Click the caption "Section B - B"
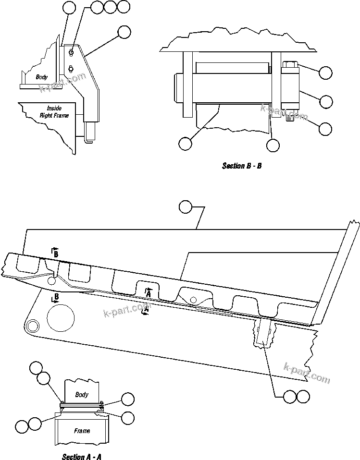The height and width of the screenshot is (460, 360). click(x=241, y=166)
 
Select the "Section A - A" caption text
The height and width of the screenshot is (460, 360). click(x=81, y=456)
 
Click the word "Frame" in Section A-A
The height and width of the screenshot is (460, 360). click(x=82, y=431)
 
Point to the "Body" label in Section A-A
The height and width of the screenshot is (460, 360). click(x=82, y=394)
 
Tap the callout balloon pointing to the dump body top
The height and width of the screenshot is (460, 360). click(x=186, y=207)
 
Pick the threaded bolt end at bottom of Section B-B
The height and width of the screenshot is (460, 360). click(x=290, y=117)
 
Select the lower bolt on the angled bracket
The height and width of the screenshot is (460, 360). click(x=71, y=68)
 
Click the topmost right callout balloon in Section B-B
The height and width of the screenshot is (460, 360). click(x=326, y=73)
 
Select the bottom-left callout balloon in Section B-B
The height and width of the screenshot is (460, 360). click(x=185, y=143)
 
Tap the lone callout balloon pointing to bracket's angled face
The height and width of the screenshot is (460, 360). click(x=124, y=32)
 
